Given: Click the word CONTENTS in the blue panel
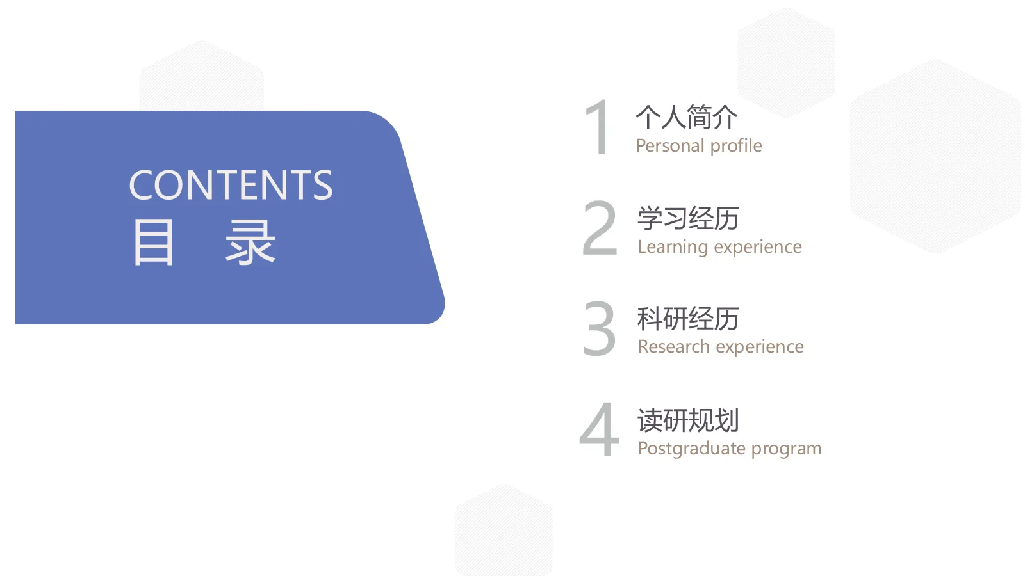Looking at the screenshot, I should pos(231,185).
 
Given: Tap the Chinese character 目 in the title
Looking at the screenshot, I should pos(153,242).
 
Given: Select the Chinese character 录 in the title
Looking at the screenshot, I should pos(250,242).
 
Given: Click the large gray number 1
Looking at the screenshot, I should pos(599,127).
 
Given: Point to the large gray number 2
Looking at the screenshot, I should pos(600,228).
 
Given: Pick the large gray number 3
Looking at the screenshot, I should pos(600,329).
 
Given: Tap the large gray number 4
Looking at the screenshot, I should pos(600,429).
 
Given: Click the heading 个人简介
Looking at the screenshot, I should pos(687,117).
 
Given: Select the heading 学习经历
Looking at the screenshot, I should pos(688,219).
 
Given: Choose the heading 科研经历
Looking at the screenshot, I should pos(688,319).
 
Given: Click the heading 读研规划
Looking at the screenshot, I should pos(688,420).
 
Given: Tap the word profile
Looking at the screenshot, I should pos(736,146).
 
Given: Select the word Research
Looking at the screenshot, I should pos(674,347).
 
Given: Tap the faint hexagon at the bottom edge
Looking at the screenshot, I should pos(504,531).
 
